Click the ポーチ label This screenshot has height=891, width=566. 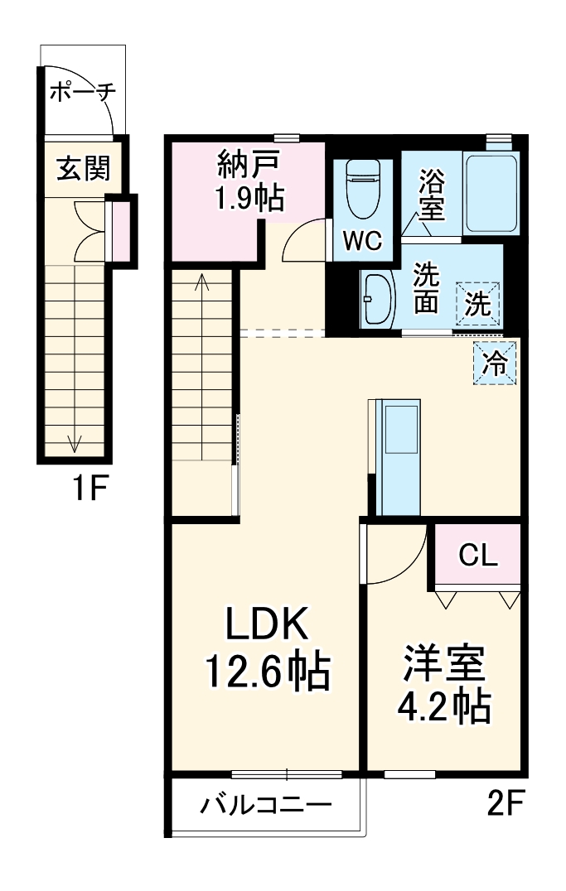pos(81,92)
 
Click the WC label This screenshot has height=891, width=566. pos(363,241)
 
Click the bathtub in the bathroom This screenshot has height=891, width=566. pos(491,193)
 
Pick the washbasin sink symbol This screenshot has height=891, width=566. pos(378,300)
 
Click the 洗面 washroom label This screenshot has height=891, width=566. pos(426,289)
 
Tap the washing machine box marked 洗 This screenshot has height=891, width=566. pos(477,303)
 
